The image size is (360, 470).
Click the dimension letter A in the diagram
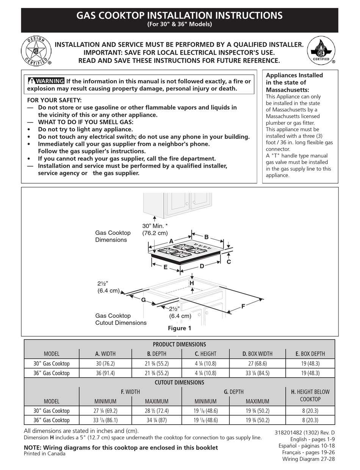coord(171,241)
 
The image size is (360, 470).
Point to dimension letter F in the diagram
coord(243,306)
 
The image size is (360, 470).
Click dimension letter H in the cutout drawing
coord(192,283)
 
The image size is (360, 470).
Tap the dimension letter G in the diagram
coord(143,300)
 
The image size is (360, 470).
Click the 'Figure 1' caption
coord(179,328)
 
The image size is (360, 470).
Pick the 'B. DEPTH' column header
coord(157,354)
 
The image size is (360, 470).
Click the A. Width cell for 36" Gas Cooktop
coord(105,373)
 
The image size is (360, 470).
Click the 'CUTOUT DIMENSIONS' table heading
coord(179,383)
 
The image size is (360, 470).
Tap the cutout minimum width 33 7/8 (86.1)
coord(105,420)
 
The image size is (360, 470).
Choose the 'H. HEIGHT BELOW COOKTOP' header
coord(310,396)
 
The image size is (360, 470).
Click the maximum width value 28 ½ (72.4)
coord(157,411)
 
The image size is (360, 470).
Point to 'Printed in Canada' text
coord(44,454)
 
